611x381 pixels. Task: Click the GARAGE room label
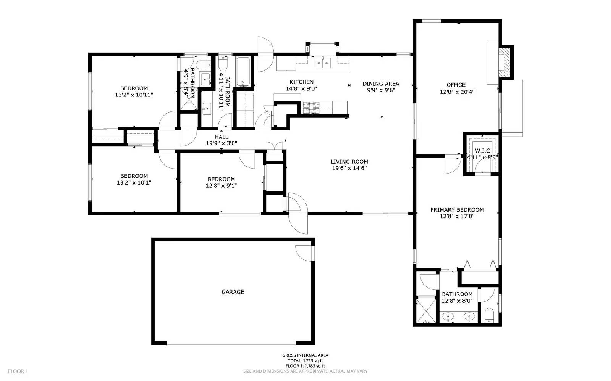[233, 292]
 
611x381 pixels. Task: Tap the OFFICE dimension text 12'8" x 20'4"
[457, 92]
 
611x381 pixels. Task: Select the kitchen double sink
[323, 62]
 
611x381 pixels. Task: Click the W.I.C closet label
[482, 151]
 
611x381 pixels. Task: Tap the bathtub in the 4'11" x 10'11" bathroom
[243, 71]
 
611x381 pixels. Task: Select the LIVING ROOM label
[349, 161]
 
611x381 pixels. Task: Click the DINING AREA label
[380, 84]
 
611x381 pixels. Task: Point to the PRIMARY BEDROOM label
[457, 209]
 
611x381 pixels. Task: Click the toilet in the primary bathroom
[489, 315]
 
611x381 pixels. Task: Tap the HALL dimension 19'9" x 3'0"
[221, 143]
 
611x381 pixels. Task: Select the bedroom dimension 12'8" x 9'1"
[221, 186]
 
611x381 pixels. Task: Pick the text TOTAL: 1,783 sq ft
[305, 360]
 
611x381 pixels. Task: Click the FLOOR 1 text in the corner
[18, 371]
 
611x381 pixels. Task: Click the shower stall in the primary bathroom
[425, 310]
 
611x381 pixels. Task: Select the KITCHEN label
[301, 82]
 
